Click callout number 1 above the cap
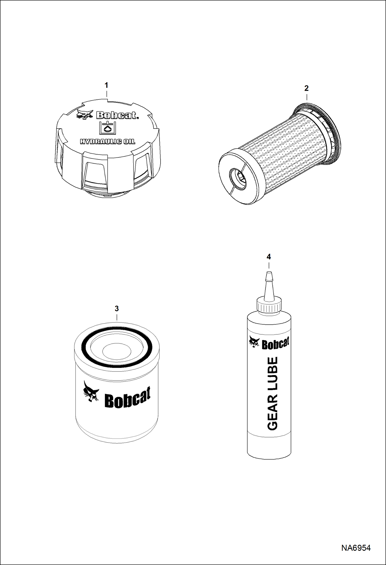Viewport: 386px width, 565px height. pos(106,85)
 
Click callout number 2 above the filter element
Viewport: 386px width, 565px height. pos(306,88)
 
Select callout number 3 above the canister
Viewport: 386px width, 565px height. pos(117,308)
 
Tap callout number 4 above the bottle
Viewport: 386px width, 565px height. pos(269,257)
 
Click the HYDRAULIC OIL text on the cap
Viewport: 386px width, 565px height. pos(107,141)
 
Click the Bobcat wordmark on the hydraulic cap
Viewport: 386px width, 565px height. pos(117,115)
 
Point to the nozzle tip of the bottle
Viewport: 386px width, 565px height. pos(269,273)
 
